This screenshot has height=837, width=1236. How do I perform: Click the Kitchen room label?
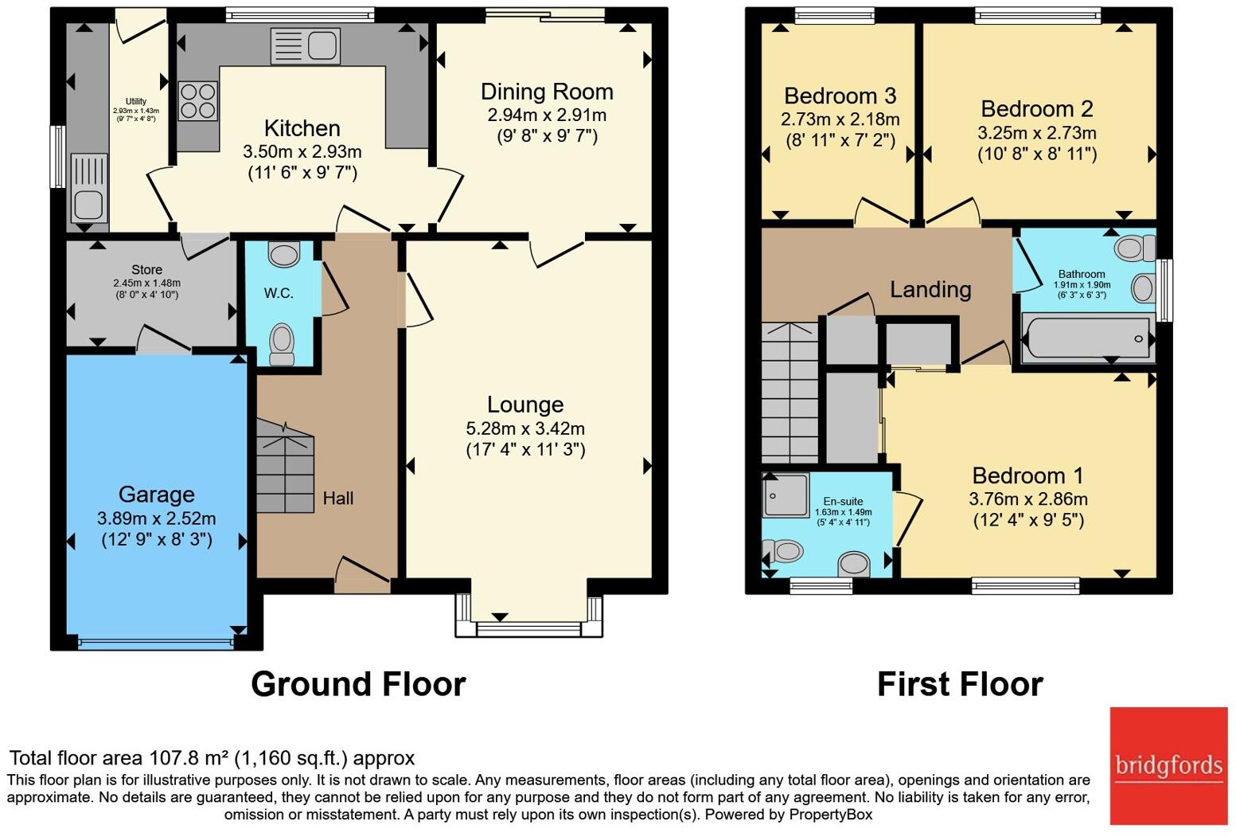[x=302, y=128]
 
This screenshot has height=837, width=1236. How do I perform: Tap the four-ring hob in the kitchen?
[x=198, y=100]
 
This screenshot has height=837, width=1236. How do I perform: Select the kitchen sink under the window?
[x=305, y=45]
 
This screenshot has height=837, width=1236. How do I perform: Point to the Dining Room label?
[x=547, y=92]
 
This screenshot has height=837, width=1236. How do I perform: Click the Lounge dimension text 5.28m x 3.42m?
[x=525, y=428]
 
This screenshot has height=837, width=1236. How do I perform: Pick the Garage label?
[x=157, y=495]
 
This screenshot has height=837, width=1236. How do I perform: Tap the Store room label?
[x=146, y=269]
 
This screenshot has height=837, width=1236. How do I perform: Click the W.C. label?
[x=279, y=293]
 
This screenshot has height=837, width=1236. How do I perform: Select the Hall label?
[x=338, y=498]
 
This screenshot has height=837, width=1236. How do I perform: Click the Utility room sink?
[x=89, y=188]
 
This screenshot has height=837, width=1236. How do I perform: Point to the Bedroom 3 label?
[x=840, y=96]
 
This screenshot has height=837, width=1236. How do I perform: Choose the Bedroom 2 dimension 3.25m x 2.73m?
[x=1037, y=133]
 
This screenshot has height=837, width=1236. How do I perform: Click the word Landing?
[x=930, y=289]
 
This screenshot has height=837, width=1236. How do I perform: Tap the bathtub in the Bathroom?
[x=1088, y=338]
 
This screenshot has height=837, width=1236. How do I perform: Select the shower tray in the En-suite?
[x=786, y=495]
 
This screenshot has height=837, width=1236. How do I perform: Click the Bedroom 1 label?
[x=1027, y=475]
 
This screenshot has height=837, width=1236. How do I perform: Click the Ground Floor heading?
[x=359, y=684]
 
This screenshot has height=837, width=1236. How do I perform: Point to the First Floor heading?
[x=960, y=684]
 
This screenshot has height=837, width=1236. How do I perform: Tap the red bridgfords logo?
[x=1168, y=766]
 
